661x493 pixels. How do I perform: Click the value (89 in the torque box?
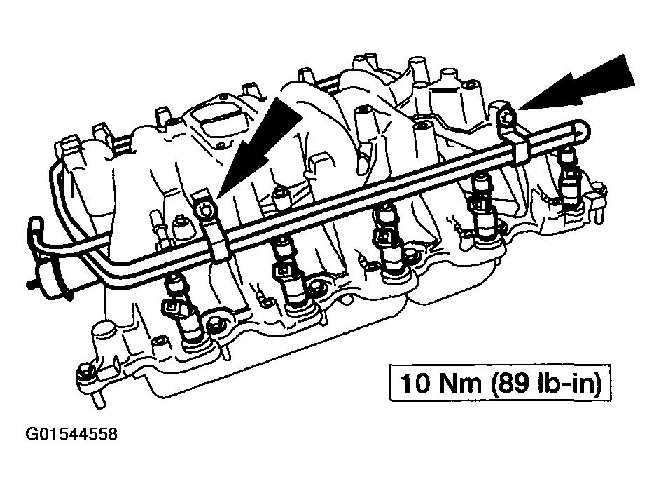pyautogui.click(x=509, y=384)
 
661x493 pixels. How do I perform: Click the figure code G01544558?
pyautogui.click(x=71, y=434)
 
